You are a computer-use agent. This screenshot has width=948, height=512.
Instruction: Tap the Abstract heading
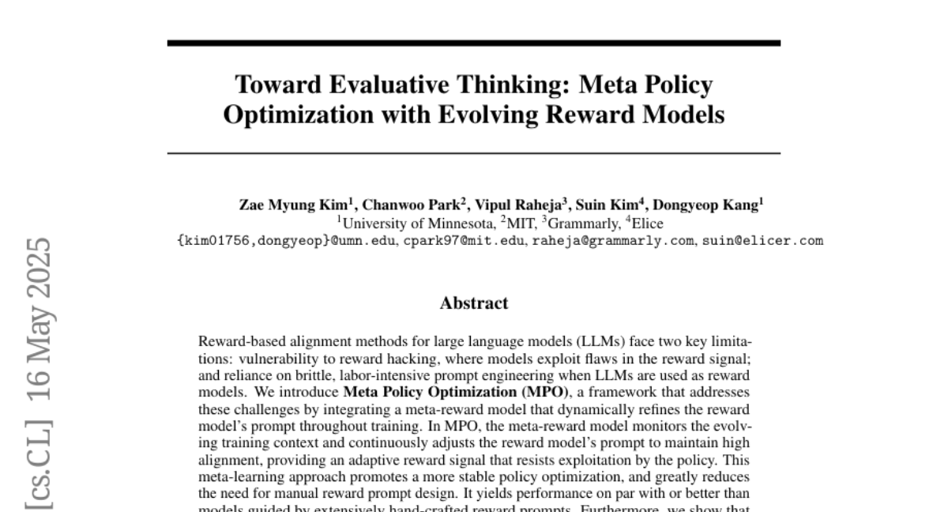474,303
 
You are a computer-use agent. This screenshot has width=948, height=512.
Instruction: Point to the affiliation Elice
647,224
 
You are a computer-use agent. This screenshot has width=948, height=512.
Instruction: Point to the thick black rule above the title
474,43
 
